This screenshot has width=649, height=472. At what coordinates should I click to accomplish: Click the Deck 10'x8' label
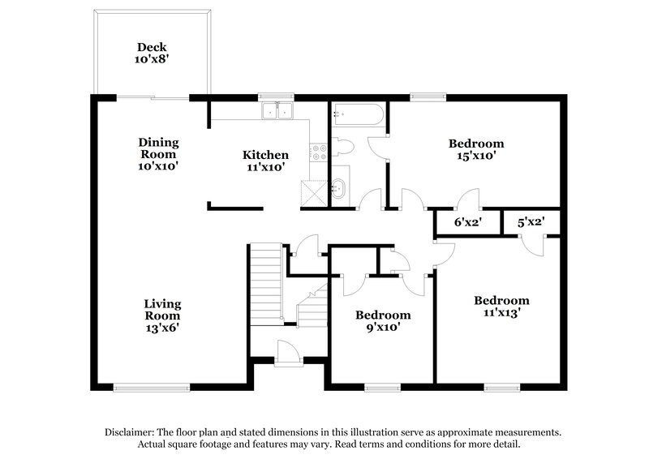152,53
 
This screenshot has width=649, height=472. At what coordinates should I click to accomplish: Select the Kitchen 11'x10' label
265,161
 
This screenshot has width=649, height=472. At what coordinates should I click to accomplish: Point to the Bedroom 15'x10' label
476,149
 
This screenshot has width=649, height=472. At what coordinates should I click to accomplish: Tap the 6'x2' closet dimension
466,221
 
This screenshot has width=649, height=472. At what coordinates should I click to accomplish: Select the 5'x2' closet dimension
530,221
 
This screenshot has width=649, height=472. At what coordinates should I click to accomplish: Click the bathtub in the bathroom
357,115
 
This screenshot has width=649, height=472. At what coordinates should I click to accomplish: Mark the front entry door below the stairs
286,354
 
